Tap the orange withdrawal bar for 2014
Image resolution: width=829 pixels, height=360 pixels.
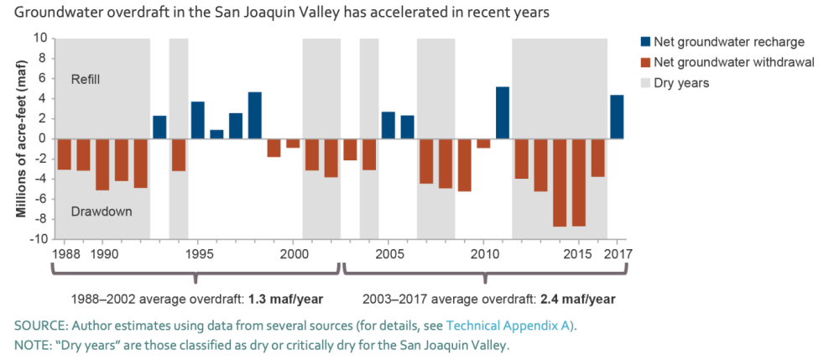coord(560,182)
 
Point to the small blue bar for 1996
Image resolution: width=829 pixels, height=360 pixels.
coord(216,134)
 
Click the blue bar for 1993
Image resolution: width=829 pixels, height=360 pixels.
coord(159,127)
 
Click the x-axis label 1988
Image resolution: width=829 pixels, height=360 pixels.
coord(65,253)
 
